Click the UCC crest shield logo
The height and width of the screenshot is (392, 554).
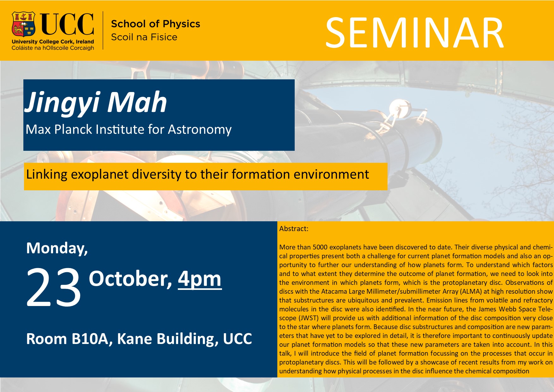point(23,24)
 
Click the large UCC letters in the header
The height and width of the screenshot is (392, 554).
point(67,24)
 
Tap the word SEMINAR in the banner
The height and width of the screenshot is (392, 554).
point(414,33)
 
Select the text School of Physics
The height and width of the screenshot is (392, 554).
point(156,24)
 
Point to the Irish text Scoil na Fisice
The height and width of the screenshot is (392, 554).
point(144,37)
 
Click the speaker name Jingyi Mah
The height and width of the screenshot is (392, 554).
point(96,103)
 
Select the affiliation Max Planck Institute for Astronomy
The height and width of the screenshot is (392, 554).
point(129,130)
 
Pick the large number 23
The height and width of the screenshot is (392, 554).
point(54,287)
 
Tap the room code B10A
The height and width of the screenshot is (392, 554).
point(92,339)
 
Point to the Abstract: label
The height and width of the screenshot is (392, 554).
point(294,229)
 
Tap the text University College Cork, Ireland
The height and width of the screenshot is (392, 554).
point(53,42)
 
